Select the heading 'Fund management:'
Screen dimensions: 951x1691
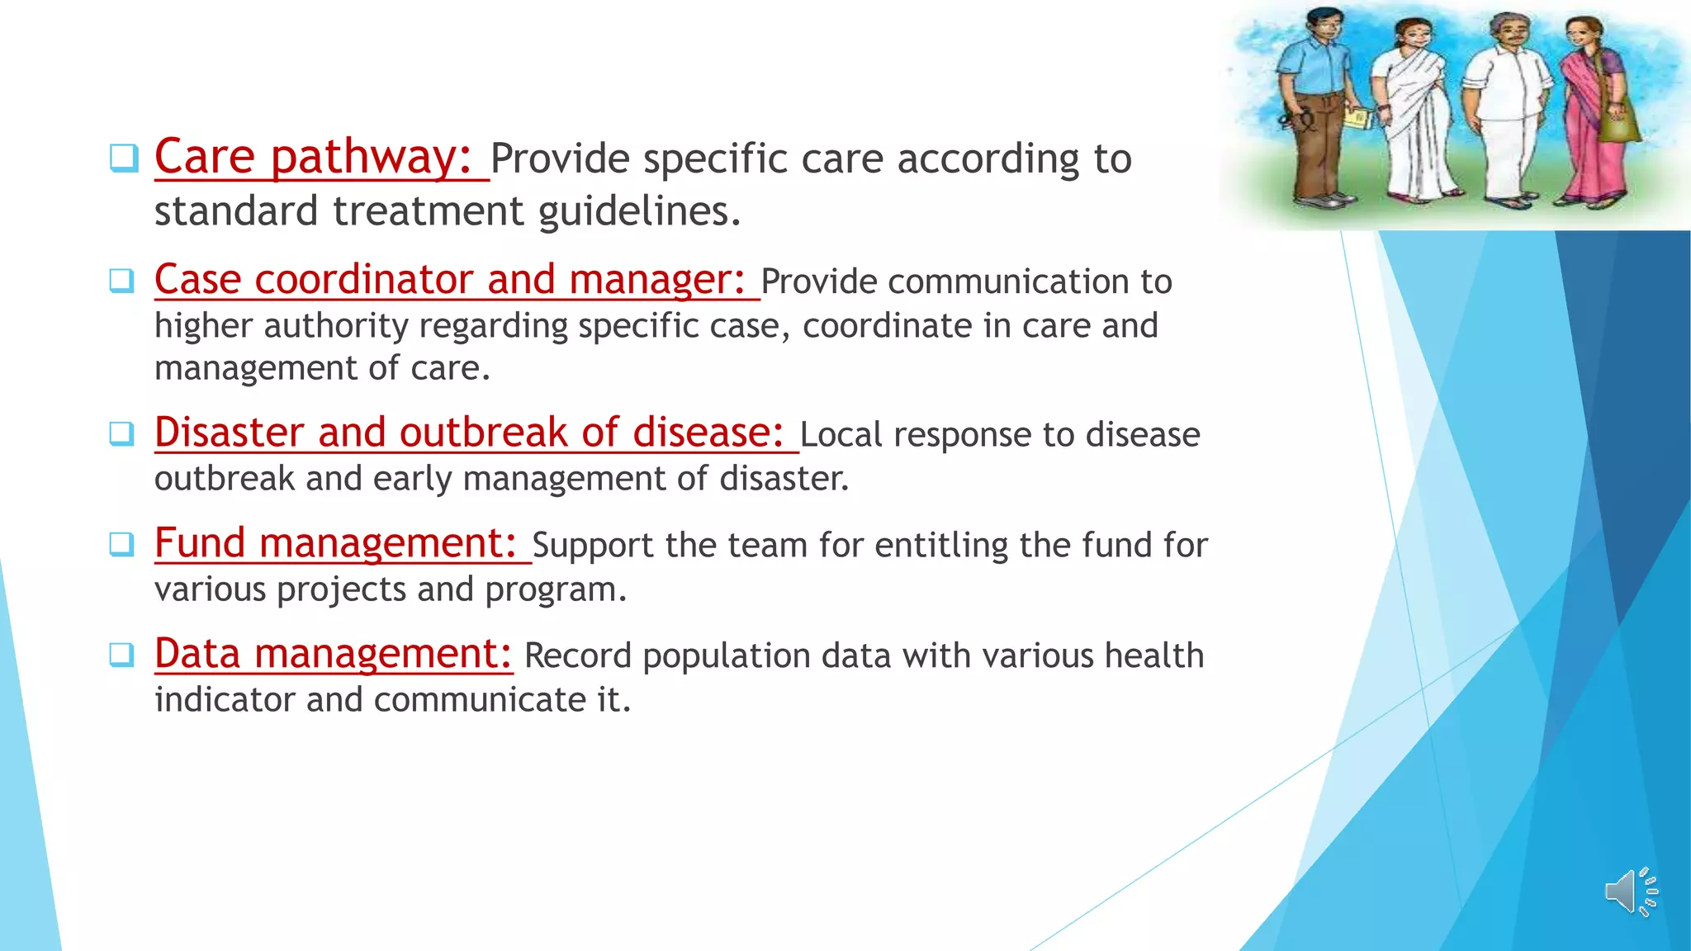[x=334, y=543]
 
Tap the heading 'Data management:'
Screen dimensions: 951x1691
[x=333, y=654]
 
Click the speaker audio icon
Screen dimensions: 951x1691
[x=1631, y=892]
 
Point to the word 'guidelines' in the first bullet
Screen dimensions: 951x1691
[x=638, y=212]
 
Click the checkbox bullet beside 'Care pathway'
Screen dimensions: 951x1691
[x=123, y=158]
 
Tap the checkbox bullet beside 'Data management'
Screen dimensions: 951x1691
[x=122, y=655]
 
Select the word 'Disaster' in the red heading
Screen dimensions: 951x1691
[x=229, y=433]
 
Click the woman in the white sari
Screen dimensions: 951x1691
[x=1414, y=111]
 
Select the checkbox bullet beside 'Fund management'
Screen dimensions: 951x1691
[x=122, y=544]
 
